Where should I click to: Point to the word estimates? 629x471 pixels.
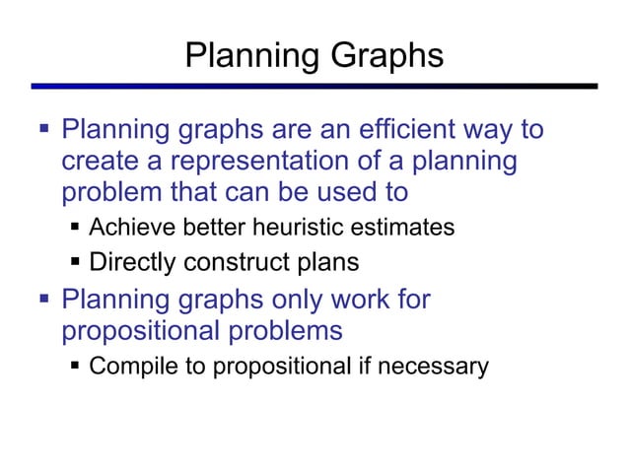408,228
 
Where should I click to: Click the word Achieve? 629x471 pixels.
126,228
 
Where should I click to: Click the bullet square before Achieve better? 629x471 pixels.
76,228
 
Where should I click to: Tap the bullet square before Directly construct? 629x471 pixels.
76,263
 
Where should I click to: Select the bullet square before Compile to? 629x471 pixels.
76,368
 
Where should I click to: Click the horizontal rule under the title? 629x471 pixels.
314,87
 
